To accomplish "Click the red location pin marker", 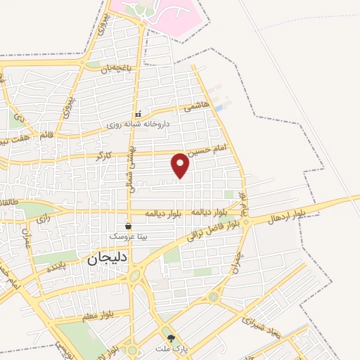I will (181, 165).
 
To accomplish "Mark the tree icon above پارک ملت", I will (166, 337).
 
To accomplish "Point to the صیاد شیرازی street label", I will (262, 324).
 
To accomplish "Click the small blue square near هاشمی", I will (219, 108).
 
